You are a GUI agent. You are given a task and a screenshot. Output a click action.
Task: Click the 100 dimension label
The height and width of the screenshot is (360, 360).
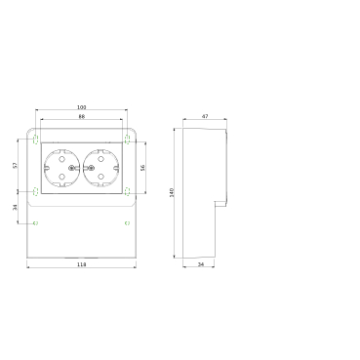pyautogui.click(x=82, y=107)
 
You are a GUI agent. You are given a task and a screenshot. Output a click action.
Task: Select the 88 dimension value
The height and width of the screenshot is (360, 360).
pyautogui.click(x=82, y=116)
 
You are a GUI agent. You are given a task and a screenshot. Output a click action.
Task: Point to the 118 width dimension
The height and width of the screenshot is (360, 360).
pyautogui.click(x=82, y=264)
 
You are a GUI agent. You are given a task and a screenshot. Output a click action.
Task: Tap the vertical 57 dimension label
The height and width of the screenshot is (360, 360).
pyautogui.click(x=15, y=165)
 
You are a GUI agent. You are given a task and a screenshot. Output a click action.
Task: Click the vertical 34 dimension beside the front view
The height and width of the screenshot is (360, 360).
pyautogui.click(x=15, y=207)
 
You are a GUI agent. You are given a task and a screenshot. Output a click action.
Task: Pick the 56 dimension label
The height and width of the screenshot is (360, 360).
pyautogui.click(x=142, y=168)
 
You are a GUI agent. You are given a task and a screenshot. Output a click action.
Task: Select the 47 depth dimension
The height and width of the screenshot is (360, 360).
pyautogui.click(x=205, y=116)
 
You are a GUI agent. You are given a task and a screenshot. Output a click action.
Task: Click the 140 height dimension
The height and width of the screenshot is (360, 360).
pyautogui.click(x=172, y=192)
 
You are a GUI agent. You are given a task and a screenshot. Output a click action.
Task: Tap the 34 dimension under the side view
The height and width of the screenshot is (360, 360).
pyautogui.click(x=201, y=264)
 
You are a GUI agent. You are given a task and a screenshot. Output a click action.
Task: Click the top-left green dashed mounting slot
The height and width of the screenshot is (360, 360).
pyautogui.click(x=36, y=140)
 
